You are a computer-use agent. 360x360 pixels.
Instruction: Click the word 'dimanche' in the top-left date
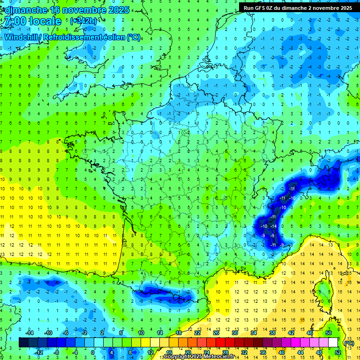click(x=24, y=9)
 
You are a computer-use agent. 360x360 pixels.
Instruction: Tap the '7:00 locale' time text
click(x=32, y=21)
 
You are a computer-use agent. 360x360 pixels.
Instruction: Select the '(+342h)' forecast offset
click(x=83, y=21)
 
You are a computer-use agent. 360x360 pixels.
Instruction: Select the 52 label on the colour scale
click(x=337, y=352)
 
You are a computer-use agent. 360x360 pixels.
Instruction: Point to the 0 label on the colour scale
click(x=93, y=352)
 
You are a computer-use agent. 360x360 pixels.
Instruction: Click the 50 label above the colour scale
click(x=328, y=333)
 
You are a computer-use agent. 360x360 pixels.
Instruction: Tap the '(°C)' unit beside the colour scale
click(x=349, y=343)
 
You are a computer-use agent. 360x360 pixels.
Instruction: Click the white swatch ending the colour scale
click(x=333, y=342)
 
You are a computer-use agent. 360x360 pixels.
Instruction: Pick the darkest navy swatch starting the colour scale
click(x=23, y=342)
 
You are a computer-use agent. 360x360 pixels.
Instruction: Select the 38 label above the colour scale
click(x=272, y=333)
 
